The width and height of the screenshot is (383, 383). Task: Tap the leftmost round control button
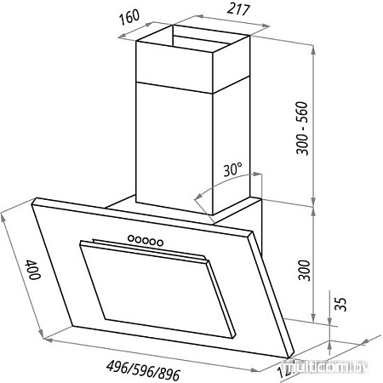tap(131, 239)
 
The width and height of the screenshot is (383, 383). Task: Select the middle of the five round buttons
tap(145, 241)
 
